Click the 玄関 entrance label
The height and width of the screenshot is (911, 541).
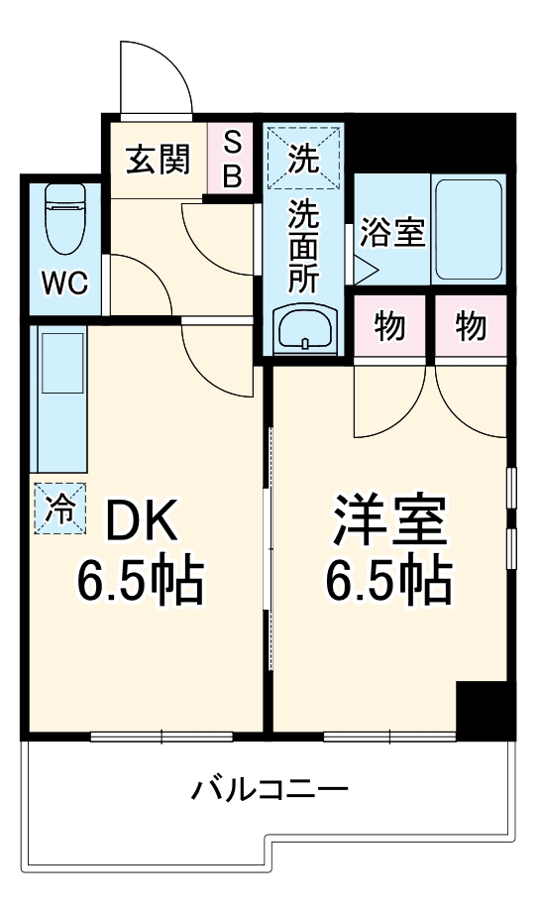coord(158,159)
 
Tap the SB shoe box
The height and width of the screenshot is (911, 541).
coord(232,159)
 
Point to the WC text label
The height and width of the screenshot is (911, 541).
coord(64,285)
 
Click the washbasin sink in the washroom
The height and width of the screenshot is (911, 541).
coord(304,327)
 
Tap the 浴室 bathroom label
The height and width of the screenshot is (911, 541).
coord(392,233)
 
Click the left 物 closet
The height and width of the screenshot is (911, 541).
coord(390,326)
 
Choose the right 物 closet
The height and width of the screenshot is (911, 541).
coord(472,326)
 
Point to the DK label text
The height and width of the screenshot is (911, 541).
coord(140,519)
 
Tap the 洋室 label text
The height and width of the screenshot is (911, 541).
coord(389,520)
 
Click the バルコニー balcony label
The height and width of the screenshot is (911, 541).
coord(270,790)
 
